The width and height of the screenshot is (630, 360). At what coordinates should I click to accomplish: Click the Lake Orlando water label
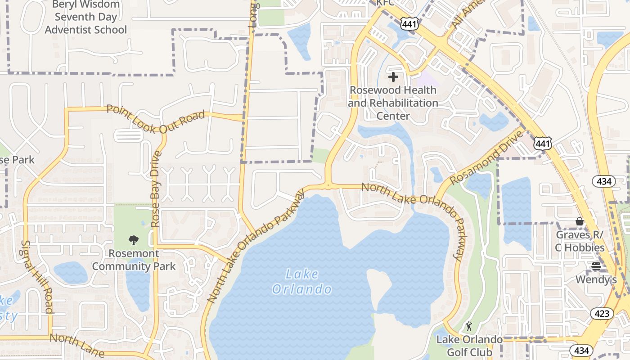pos(302,281)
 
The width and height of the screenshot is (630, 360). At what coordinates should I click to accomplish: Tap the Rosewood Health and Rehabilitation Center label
pos(393,103)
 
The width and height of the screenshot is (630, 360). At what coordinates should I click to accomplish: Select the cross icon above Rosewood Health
pos(393,77)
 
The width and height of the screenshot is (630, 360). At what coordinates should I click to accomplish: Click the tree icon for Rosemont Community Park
pos(134,240)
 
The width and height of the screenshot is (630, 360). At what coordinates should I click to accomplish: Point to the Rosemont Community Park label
pos(134,260)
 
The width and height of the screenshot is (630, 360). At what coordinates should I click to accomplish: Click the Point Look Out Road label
pos(156,119)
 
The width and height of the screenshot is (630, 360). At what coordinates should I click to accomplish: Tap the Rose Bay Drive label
pos(156,189)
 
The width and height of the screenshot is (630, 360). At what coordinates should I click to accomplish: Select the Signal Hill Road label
pos(37,276)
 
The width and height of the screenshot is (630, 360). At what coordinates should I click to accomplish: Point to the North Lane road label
pos(77,344)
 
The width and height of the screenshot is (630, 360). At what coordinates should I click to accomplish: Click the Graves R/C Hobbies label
pos(580,241)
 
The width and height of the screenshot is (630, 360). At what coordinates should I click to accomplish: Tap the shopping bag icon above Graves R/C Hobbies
pos(580,221)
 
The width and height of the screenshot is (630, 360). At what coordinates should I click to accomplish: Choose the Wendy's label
pos(596,280)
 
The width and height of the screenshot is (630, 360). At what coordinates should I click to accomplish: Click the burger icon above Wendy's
pos(596,266)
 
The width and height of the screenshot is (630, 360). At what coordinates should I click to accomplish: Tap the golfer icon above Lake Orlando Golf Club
pos(469,326)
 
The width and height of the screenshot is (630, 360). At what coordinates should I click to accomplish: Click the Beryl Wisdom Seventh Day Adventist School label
pos(86,18)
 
